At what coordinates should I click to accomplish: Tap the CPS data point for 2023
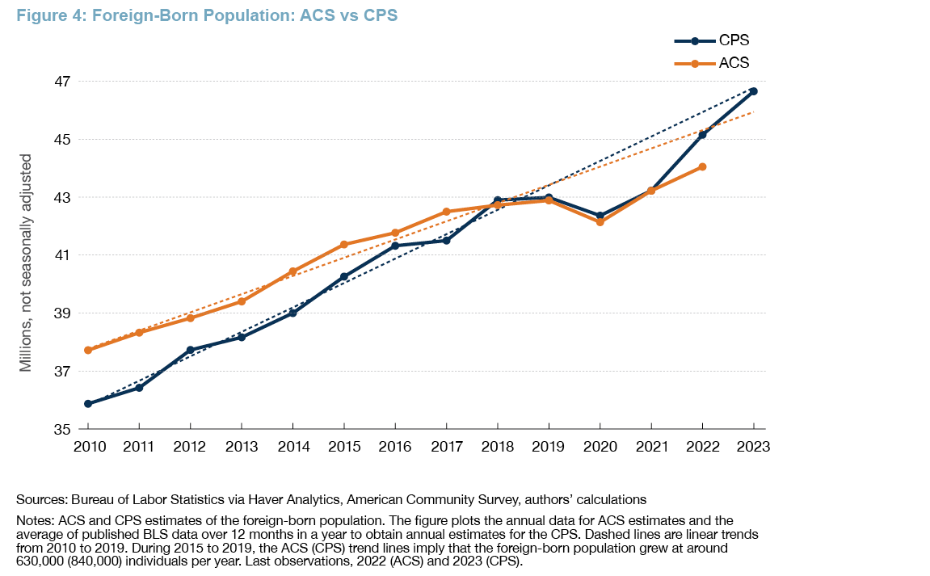click(x=753, y=91)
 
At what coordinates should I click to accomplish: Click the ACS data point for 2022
click(x=702, y=166)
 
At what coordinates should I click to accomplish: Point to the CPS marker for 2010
click(x=87, y=404)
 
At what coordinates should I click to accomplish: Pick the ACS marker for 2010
click(x=87, y=350)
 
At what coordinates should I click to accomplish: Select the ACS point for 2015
click(x=343, y=244)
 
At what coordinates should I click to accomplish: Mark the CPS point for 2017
click(x=446, y=240)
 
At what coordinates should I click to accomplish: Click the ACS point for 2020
click(x=600, y=221)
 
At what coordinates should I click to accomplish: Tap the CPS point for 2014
click(x=292, y=313)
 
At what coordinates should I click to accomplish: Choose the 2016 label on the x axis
click(x=394, y=447)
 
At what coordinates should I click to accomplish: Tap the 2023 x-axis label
click(x=753, y=447)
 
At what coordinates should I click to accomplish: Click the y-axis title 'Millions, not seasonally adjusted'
click(x=26, y=262)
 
